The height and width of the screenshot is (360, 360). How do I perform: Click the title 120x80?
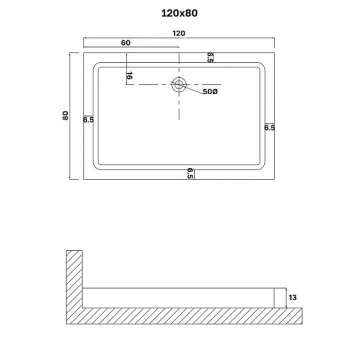tap(179, 13)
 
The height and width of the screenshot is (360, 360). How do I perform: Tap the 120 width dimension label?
tap(178, 33)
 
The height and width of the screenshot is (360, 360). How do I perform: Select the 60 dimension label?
tap(125, 42)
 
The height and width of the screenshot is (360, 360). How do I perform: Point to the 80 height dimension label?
tap(65, 115)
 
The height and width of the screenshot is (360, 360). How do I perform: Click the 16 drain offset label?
tap(129, 75)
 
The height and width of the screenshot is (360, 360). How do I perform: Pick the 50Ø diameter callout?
tap(210, 91)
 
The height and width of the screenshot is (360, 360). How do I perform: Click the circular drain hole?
tap(179, 84)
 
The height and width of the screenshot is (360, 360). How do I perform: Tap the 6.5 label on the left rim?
tap(88, 120)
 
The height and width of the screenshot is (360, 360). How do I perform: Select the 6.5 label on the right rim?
tap(269, 127)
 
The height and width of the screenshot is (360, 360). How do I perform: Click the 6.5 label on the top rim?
tap(210, 57)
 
